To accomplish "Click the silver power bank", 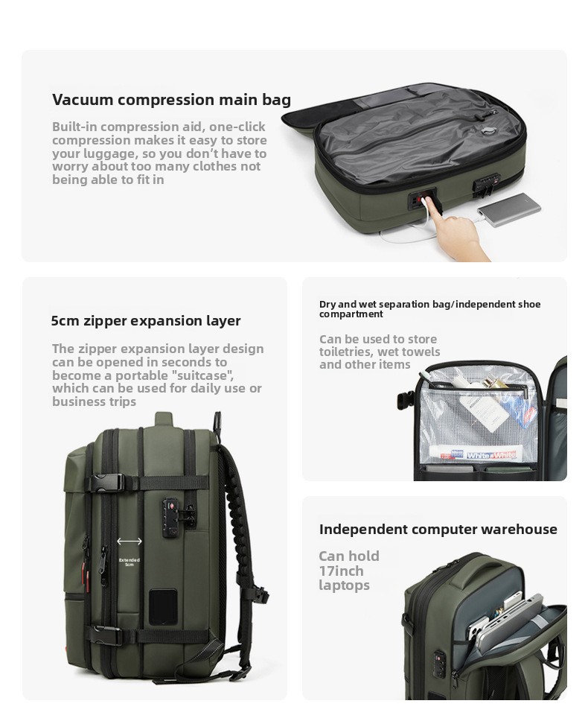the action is pos(509,211).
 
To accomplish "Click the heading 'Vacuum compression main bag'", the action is pos(172,100).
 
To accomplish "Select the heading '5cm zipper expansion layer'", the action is pos(146,320).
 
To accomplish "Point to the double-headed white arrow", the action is pos(130,542).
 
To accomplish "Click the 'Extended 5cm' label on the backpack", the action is pos(130,562).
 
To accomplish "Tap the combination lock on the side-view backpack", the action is pos(174,518).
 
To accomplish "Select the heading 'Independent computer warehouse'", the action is pos(438,529).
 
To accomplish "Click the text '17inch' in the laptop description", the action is pos(341,571).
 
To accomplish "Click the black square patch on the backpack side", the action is pos(162,607).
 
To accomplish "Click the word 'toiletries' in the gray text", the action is pos(346,352).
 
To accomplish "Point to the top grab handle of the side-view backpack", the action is pos(164,419).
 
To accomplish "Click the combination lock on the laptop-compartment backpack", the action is pos(439,660).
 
